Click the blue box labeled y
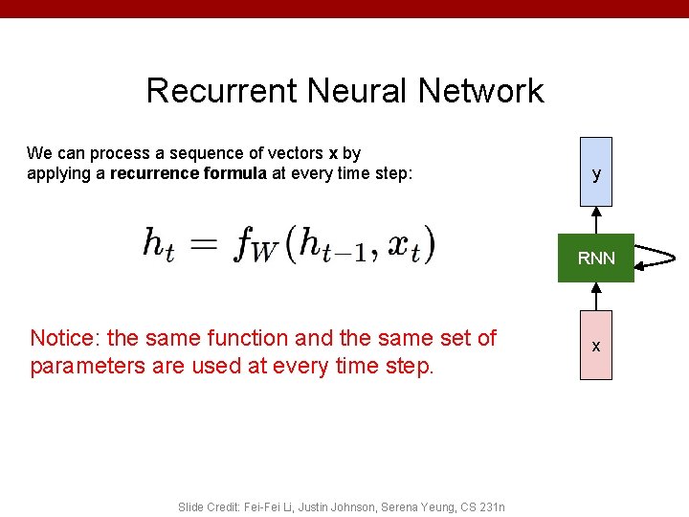click(x=596, y=172)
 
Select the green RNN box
click(x=596, y=258)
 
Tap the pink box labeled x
click(x=596, y=345)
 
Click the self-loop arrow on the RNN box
click(x=656, y=257)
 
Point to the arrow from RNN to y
click(x=596, y=220)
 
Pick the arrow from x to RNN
click(x=596, y=296)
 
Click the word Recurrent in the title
click(x=222, y=91)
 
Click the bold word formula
click(x=235, y=173)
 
